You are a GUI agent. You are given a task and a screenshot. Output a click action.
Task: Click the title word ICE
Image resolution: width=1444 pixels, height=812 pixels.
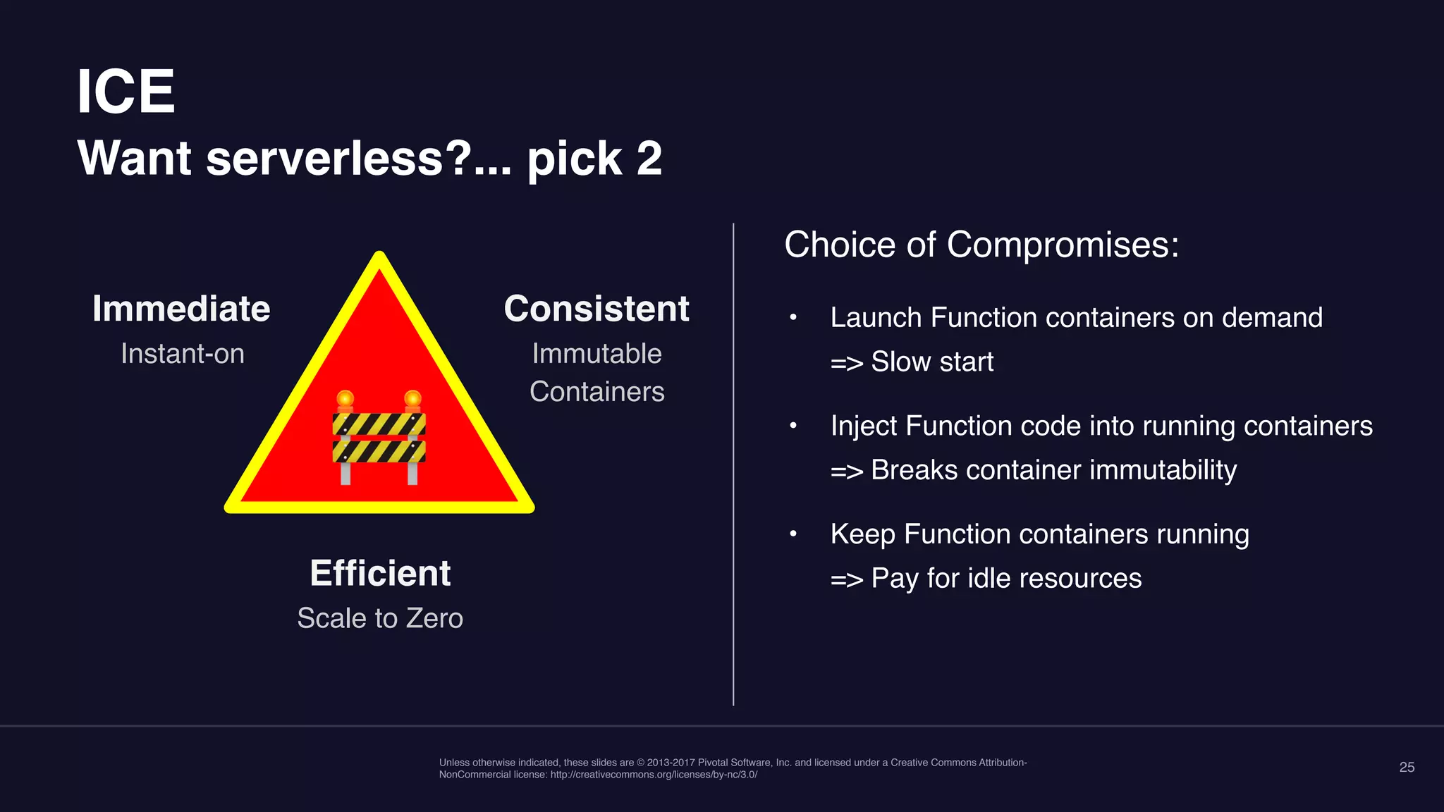126,92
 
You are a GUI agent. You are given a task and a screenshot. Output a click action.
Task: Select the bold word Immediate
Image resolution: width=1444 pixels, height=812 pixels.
181,309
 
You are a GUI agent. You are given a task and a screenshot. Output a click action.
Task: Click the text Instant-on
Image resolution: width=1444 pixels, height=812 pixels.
182,353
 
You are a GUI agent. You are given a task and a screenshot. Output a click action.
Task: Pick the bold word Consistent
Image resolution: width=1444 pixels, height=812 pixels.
596,309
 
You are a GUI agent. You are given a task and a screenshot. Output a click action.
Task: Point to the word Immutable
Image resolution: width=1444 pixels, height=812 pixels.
596,353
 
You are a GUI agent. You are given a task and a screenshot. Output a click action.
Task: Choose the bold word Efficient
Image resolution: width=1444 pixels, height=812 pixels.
380,573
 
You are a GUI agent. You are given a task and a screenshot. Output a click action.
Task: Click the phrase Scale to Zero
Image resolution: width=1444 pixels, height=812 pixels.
380,618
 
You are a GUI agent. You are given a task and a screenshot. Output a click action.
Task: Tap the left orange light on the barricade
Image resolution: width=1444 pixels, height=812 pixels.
345,400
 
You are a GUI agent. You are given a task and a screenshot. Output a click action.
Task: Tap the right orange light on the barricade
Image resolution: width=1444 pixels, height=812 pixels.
413,400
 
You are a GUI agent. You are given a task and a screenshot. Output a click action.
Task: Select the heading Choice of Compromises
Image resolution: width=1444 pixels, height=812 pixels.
981,245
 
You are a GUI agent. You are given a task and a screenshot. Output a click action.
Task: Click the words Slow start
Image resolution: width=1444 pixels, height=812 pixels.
931,362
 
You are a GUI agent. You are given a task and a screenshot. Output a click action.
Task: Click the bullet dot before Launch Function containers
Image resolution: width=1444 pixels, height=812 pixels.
793,318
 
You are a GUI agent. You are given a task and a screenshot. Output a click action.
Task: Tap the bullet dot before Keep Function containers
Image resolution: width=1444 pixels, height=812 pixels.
793,534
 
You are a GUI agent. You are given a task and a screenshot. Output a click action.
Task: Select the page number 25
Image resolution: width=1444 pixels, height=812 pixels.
1406,767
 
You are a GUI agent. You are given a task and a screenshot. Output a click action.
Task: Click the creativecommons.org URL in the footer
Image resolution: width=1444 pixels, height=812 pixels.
654,775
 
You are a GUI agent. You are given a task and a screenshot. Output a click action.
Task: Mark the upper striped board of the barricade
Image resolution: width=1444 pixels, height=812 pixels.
379,424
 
